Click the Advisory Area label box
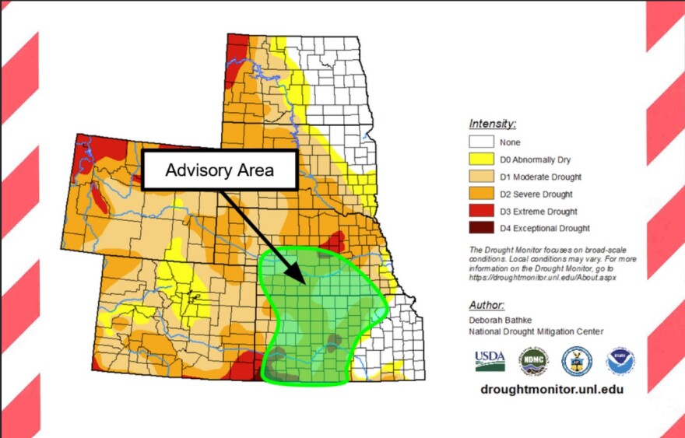coord(220,170)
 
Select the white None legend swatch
coord(481,142)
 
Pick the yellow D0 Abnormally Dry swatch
coord(481,159)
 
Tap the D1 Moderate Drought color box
coord(481,177)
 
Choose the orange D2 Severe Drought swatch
coord(481,194)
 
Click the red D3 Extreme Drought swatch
coord(481,211)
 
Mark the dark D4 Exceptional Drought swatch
coord(481,228)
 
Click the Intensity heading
coord(493,123)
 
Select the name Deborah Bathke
coord(502,320)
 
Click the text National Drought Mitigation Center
coord(536,331)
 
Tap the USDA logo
coord(490,361)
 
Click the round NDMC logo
coord(533,361)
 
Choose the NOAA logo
coord(620,361)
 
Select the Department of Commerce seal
coord(577,361)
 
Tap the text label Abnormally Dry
coord(543,159)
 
